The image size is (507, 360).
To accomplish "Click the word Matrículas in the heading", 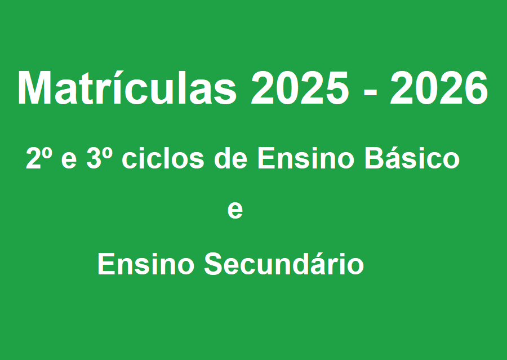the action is click(x=127, y=87).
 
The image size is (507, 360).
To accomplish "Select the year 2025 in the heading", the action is click(x=300, y=88).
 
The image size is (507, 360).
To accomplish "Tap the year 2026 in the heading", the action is click(x=439, y=88).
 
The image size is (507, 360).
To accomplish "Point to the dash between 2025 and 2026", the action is click(x=370, y=93).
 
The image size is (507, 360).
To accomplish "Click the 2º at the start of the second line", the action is click(x=39, y=158).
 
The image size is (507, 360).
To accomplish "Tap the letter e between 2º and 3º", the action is click(x=69, y=161).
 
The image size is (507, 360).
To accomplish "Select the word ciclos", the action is click(x=163, y=158).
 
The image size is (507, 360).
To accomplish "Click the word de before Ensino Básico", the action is click(x=231, y=158).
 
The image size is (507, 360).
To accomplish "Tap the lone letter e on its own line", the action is click(x=235, y=211).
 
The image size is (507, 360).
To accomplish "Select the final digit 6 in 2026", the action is click(x=476, y=88).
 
